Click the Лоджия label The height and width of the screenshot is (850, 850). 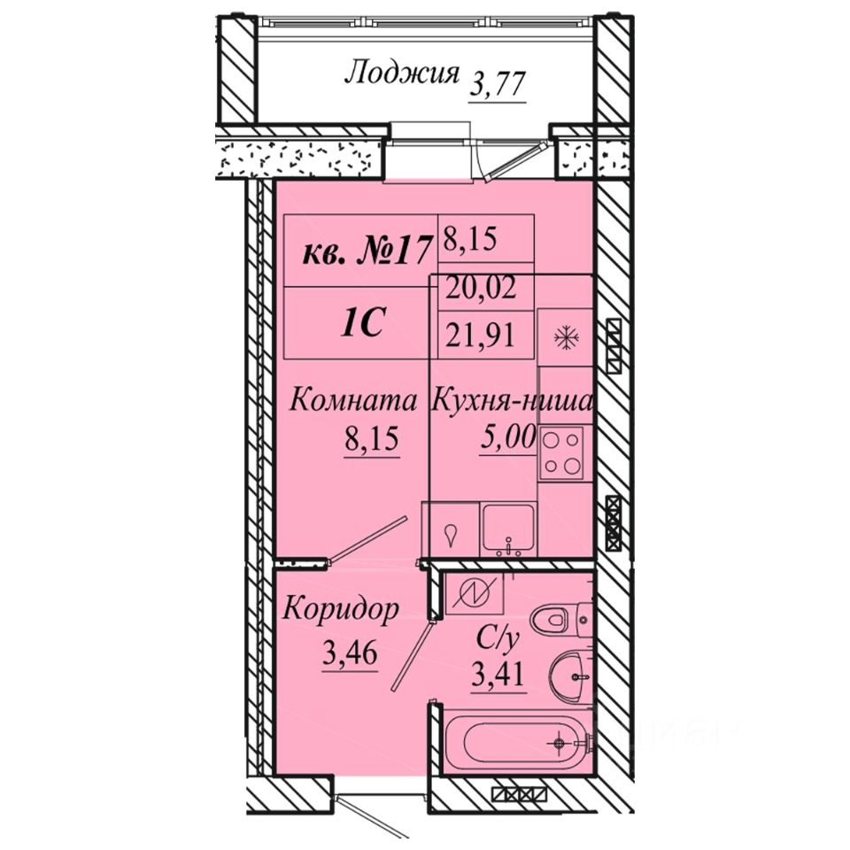(x=402, y=73)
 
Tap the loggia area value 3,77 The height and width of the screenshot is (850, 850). (x=498, y=85)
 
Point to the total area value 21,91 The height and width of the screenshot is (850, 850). (x=480, y=336)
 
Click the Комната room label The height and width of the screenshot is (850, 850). (x=353, y=401)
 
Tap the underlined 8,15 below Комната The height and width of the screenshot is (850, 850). (x=372, y=438)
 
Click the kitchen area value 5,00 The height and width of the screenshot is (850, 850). (x=508, y=437)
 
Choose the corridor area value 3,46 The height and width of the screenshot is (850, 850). (x=350, y=653)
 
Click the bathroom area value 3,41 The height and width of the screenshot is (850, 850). (x=498, y=675)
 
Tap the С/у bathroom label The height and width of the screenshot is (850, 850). (x=498, y=638)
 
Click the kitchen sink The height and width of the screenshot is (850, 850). (x=509, y=530)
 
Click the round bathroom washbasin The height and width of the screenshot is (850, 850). (x=569, y=676)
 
